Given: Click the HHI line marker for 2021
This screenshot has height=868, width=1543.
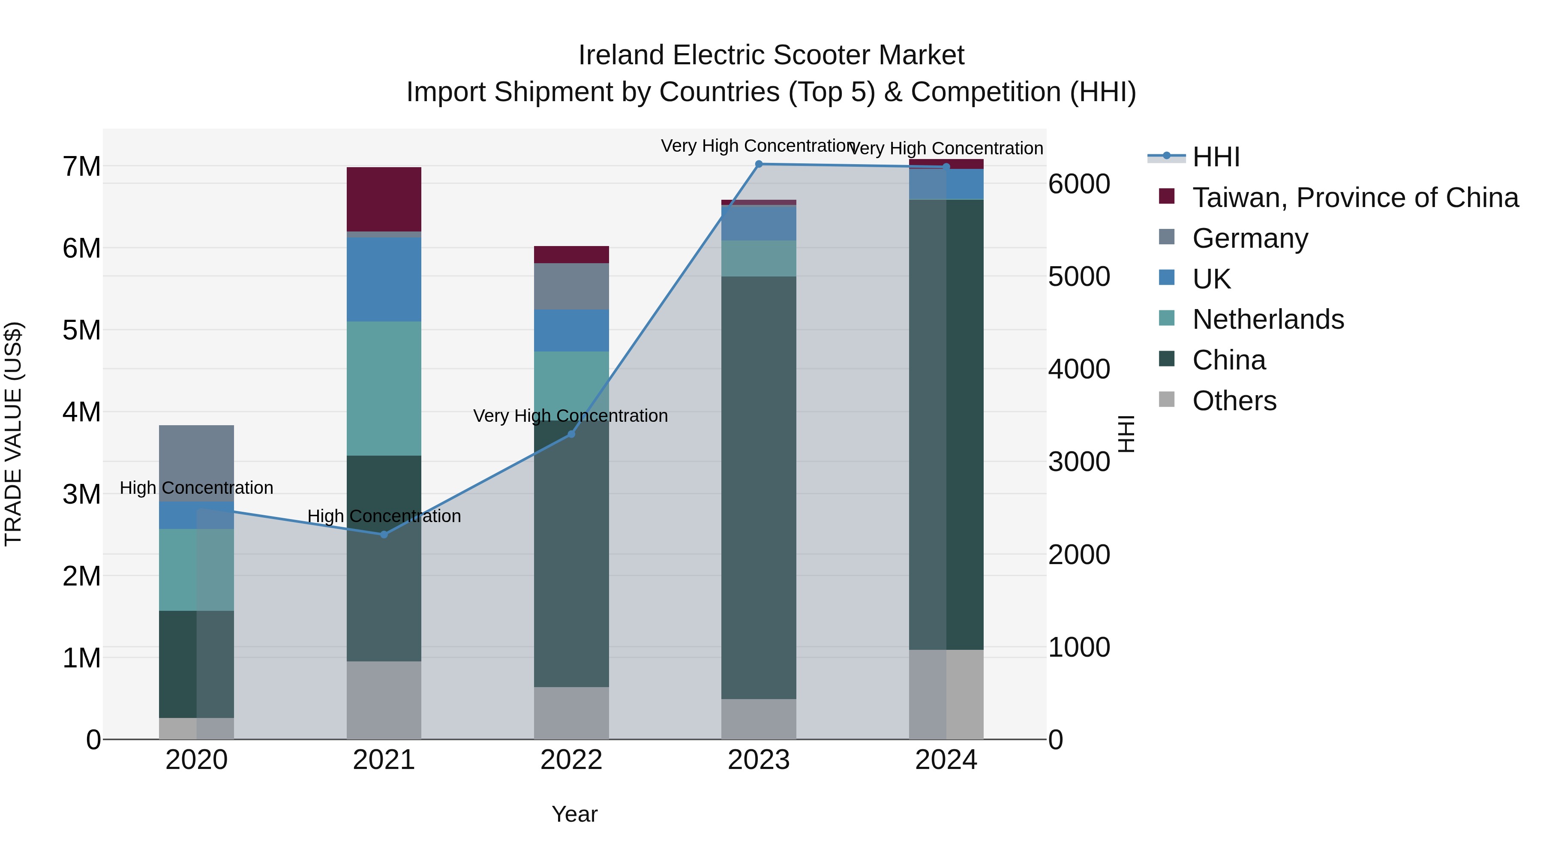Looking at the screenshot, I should click(x=384, y=535).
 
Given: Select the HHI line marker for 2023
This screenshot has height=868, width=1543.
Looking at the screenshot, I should click(x=759, y=164).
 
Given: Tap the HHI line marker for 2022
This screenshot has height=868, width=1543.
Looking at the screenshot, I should click(x=571, y=434).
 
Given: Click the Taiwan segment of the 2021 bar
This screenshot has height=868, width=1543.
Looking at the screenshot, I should click(x=384, y=199).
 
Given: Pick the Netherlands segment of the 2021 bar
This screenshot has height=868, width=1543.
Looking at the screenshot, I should click(x=384, y=388).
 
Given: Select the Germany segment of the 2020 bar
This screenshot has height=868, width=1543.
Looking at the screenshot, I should click(x=196, y=463).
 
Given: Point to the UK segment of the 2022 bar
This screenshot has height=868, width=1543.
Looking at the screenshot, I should click(x=571, y=330).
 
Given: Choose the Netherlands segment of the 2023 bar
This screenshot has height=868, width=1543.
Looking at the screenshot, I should click(x=759, y=258).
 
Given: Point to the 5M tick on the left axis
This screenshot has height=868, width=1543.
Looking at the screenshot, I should click(x=81, y=330).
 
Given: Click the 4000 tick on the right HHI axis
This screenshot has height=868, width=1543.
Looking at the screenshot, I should click(x=1079, y=369).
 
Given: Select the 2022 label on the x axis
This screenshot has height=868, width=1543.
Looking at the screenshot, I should click(x=571, y=760).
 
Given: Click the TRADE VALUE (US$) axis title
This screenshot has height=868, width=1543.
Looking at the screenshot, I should click(x=13, y=434).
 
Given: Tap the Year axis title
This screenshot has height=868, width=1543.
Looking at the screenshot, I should click(x=574, y=814).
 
